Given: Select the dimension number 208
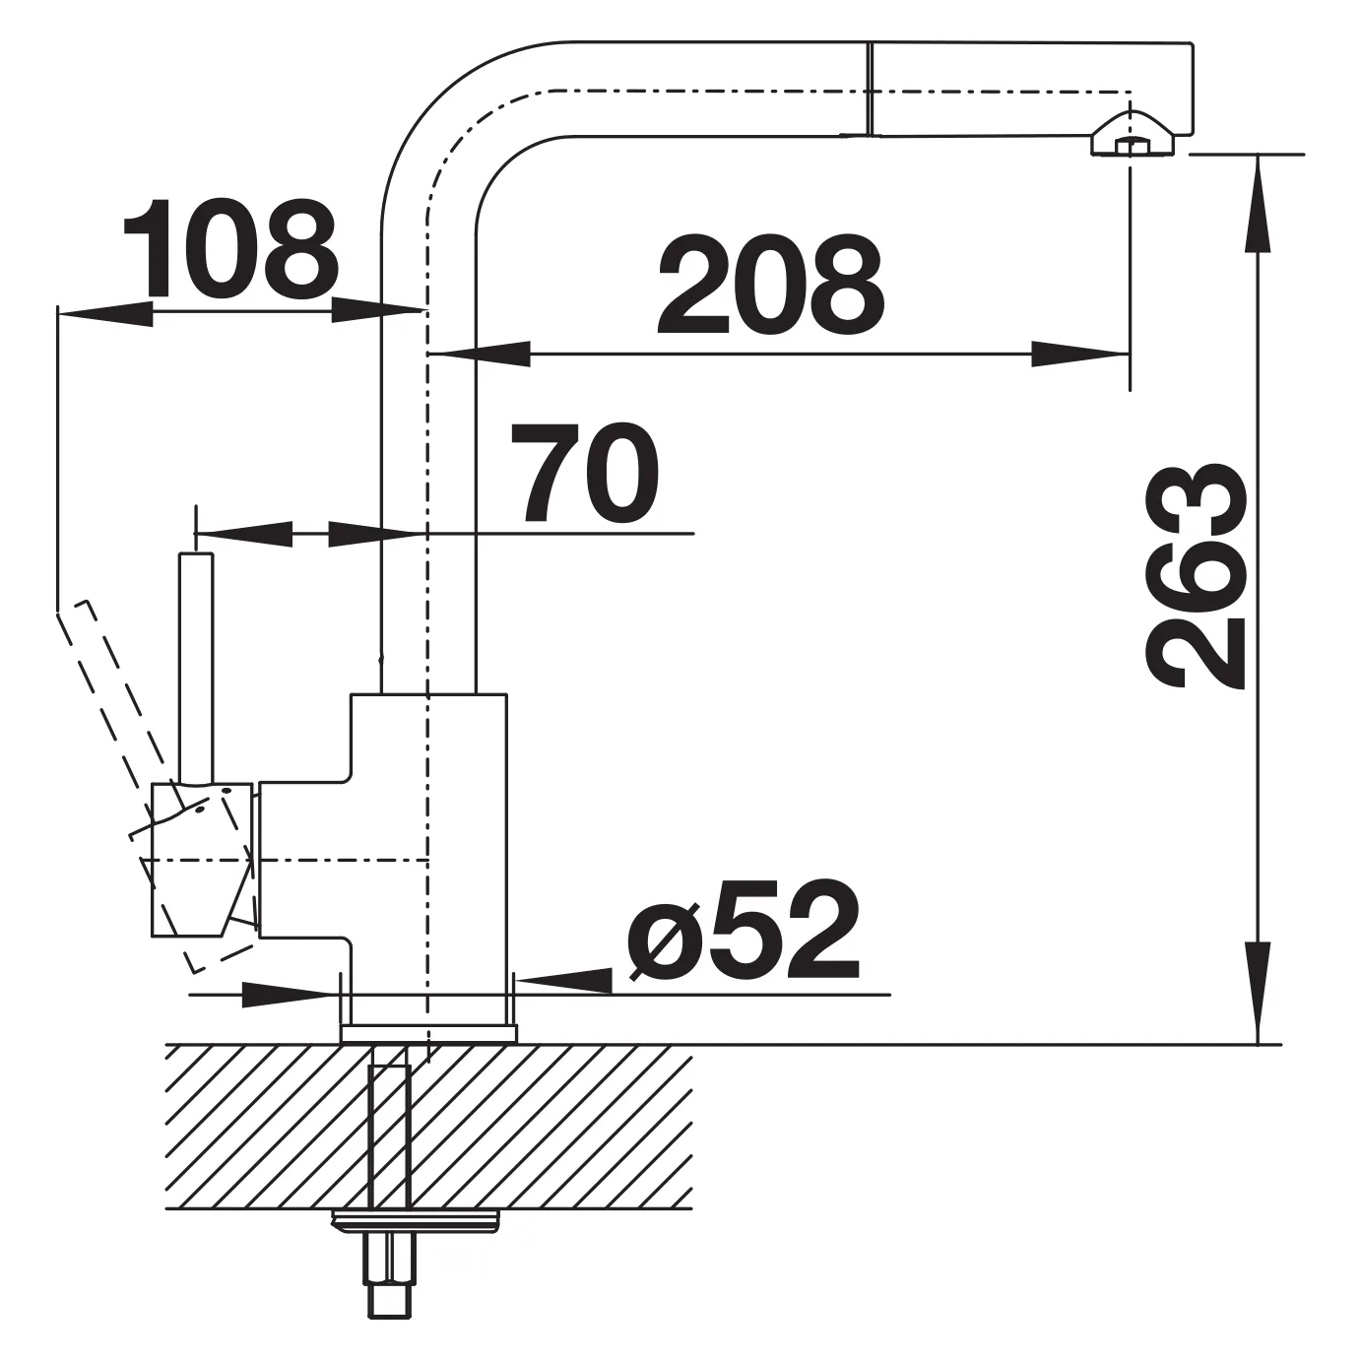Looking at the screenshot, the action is (770, 285).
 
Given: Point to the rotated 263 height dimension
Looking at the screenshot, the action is (1195, 575).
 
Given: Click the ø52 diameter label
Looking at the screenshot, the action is (744, 931).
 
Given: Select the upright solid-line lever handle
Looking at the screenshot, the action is (196, 668).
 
